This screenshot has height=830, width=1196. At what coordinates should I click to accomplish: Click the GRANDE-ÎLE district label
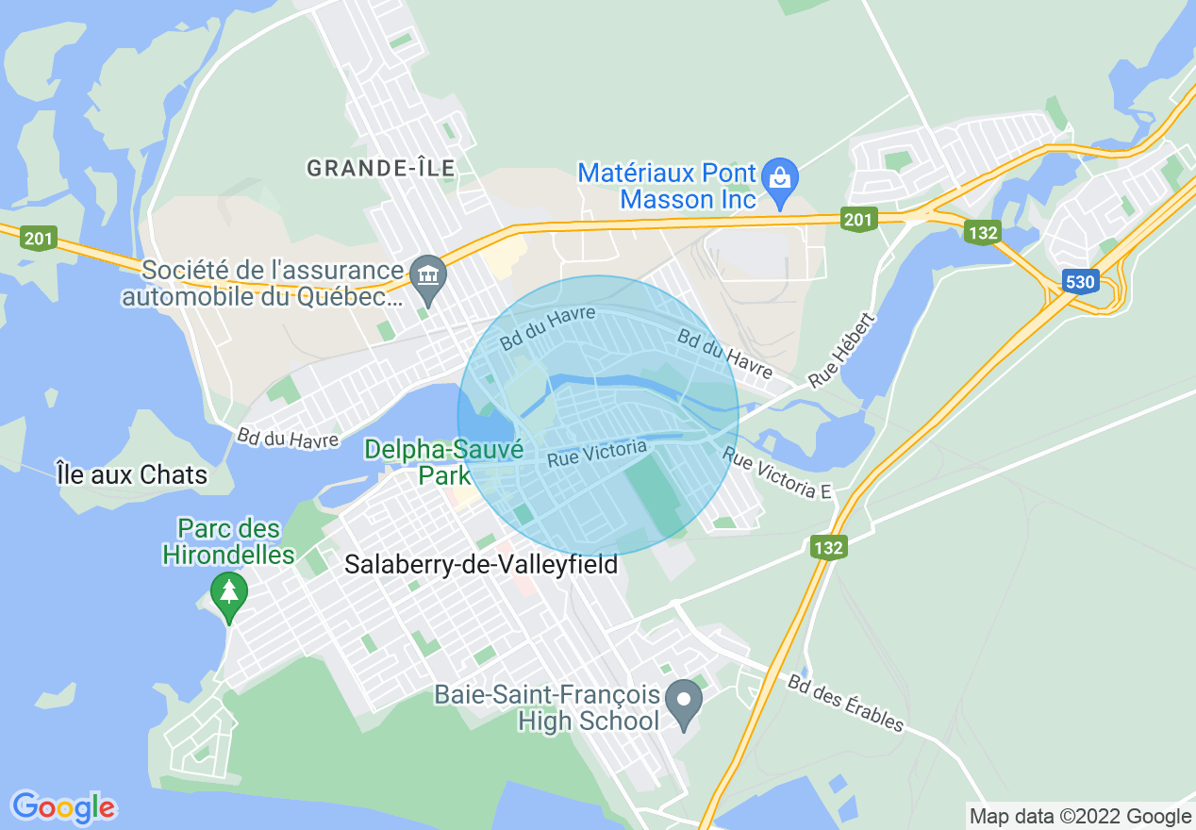tap(381, 169)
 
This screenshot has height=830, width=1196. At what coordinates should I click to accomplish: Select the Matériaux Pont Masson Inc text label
tap(668, 186)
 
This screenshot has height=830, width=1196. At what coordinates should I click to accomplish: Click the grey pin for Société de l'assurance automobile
tap(429, 275)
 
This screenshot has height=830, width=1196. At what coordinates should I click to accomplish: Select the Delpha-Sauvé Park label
tap(443, 461)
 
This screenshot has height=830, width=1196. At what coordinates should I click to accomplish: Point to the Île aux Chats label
tap(132, 474)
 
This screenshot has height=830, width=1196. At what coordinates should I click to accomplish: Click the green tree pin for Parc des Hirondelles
tap(228, 593)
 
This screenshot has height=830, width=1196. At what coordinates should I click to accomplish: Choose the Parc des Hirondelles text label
tap(228, 541)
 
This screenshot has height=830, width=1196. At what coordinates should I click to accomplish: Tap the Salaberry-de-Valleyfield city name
tap(481, 565)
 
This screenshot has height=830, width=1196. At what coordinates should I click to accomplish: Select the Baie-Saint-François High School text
tap(547, 708)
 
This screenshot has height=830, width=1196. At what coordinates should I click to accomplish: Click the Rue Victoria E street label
tap(779, 474)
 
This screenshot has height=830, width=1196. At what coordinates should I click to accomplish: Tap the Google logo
tap(63, 807)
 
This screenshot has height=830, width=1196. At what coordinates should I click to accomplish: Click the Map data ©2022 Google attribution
tap(1081, 817)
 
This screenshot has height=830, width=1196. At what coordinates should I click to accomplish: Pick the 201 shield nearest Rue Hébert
tap(858, 220)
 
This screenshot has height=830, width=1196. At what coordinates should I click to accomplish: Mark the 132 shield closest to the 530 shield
tap(982, 232)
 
